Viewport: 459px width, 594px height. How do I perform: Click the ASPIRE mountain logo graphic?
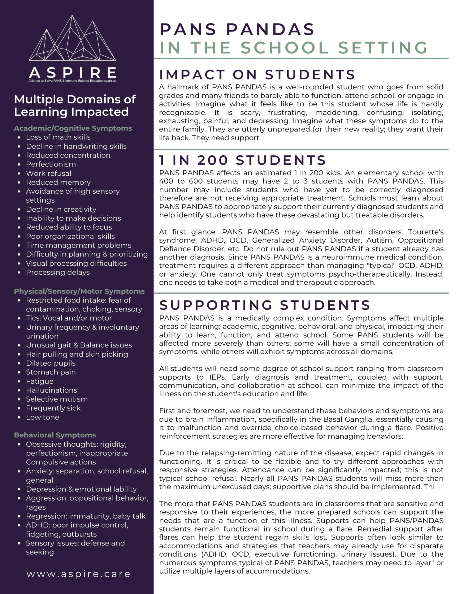click(x=72, y=39)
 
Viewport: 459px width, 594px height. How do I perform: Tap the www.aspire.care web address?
click(x=78, y=574)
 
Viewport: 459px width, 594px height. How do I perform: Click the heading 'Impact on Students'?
click(x=257, y=75)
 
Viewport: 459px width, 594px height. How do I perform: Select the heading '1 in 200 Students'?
click(x=243, y=160)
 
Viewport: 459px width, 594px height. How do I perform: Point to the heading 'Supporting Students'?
click(x=265, y=305)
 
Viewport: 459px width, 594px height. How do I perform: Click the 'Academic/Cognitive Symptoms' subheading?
click(x=73, y=128)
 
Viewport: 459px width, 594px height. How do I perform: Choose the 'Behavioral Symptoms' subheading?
click(x=55, y=435)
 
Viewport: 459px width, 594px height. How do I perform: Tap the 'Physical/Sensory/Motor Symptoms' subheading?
click(x=79, y=291)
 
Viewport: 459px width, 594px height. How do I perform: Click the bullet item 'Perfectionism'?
click(x=51, y=164)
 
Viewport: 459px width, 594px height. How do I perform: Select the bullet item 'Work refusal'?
click(x=49, y=173)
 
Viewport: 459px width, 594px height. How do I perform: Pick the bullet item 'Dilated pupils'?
click(x=51, y=363)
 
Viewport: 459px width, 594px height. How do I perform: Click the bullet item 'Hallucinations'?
click(x=51, y=390)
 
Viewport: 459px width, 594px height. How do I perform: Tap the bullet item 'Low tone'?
click(x=42, y=417)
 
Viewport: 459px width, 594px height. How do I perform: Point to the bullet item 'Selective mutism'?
click(x=57, y=399)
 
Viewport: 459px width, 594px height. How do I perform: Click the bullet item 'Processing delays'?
click(x=58, y=272)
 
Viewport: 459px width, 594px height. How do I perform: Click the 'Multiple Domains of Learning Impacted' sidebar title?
click(x=75, y=105)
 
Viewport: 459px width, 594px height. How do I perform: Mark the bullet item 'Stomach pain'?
click(x=51, y=372)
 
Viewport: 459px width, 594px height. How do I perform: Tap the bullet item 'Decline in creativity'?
click(x=61, y=209)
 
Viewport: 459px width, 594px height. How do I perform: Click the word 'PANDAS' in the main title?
click(x=270, y=29)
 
